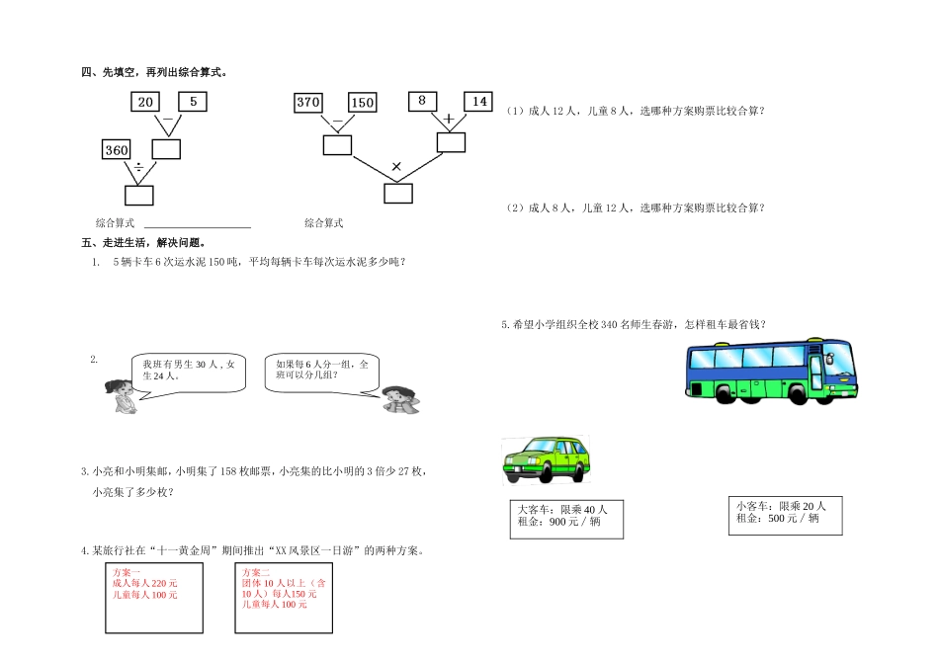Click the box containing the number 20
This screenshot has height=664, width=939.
(145, 102)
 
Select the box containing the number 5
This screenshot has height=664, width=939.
(193, 102)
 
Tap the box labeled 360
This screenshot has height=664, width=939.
(117, 149)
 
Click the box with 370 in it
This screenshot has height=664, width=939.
(308, 102)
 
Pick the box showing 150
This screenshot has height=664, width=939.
(363, 102)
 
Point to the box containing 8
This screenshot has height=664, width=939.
(422, 101)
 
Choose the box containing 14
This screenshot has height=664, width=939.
(478, 101)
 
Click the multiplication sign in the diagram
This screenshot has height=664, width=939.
(396, 166)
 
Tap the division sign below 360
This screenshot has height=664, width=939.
(139, 169)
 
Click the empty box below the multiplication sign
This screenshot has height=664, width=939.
(398, 194)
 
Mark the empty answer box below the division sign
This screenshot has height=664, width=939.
(139, 195)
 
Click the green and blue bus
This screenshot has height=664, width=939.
(770, 370)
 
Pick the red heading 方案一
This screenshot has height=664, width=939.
(127, 573)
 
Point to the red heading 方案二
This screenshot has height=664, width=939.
(256, 573)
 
